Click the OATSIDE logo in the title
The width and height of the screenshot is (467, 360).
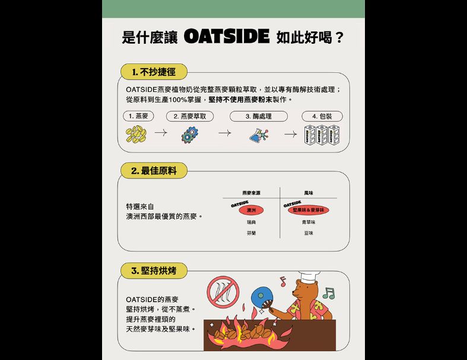click(226, 37)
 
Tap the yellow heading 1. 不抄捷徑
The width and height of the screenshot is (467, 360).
click(153, 72)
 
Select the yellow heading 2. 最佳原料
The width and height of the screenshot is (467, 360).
click(153, 171)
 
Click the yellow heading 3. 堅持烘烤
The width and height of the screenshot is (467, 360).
click(153, 271)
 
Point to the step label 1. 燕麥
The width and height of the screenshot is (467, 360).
click(138, 116)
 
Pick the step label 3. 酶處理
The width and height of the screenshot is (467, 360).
click(258, 116)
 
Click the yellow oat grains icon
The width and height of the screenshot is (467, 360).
click(136, 135)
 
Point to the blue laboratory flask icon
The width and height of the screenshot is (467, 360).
click(258, 135)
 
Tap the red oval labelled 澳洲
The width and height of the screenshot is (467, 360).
click(251, 210)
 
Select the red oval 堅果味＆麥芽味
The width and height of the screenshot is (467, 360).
click(309, 210)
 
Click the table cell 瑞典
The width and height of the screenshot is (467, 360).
click(251, 222)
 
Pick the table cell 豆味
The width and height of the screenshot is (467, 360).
click(309, 233)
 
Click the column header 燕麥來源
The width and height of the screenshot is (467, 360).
click(251, 193)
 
